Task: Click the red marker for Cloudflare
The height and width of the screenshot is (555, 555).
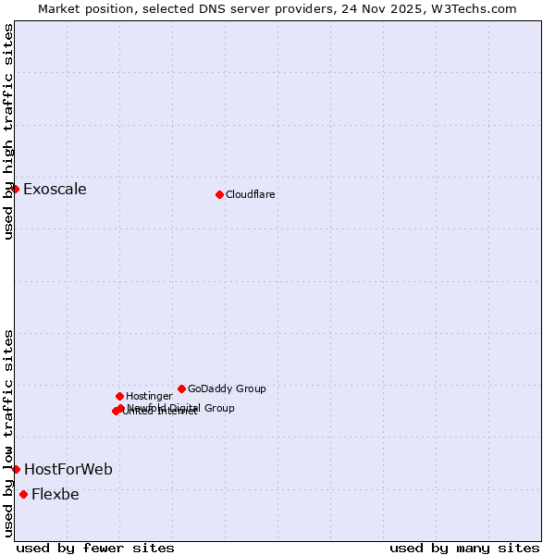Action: click(x=219, y=194)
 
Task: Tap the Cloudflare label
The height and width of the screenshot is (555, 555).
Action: click(x=251, y=194)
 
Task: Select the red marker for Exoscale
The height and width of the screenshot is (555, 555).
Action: click(x=15, y=189)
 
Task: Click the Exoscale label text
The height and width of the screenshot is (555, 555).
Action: click(x=55, y=190)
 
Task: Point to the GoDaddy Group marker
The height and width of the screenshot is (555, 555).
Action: click(x=181, y=388)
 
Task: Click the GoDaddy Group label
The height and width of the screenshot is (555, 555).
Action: click(x=227, y=388)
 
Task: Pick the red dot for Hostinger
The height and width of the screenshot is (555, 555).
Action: click(x=119, y=396)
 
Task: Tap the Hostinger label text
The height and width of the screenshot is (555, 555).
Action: click(x=149, y=396)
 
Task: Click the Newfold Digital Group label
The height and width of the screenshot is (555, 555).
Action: click(x=181, y=408)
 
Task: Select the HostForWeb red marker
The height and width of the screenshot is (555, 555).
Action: click(x=16, y=469)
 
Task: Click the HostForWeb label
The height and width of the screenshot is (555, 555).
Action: click(x=68, y=470)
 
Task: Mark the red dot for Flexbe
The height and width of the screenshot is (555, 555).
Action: click(x=23, y=494)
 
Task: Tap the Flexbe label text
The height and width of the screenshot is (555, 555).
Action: click(x=55, y=495)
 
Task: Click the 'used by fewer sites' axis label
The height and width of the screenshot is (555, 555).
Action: click(x=95, y=548)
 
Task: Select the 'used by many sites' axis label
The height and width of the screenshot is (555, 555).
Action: click(x=464, y=548)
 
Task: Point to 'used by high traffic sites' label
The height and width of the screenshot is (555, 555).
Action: click(x=8, y=131)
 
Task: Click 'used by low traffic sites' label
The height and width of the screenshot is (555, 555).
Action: click(x=8, y=433)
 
